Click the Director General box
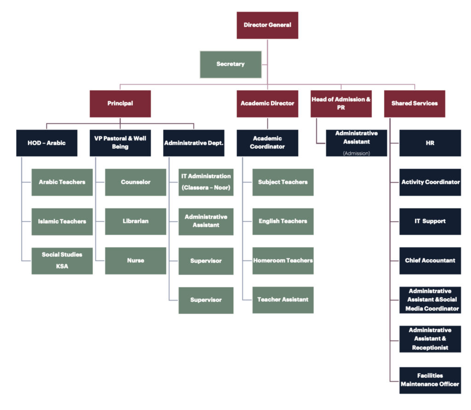(x=267, y=25)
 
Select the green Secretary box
(x=230, y=64)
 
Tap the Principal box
(x=120, y=104)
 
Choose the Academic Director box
(x=267, y=104)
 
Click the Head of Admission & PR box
(x=341, y=104)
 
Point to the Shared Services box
(x=414, y=104)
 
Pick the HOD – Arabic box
(x=46, y=143)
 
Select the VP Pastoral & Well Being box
(x=120, y=143)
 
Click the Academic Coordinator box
(x=267, y=143)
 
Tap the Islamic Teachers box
(x=62, y=221)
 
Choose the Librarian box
(x=135, y=221)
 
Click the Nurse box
(x=135, y=260)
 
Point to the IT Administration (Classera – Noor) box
(x=206, y=182)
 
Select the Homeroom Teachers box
(x=283, y=260)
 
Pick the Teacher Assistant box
(x=283, y=300)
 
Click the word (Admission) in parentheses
(x=356, y=153)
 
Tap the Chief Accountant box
(x=430, y=260)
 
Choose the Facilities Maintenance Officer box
(x=430, y=380)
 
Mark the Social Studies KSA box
(x=62, y=260)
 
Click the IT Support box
(x=430, y=221)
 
